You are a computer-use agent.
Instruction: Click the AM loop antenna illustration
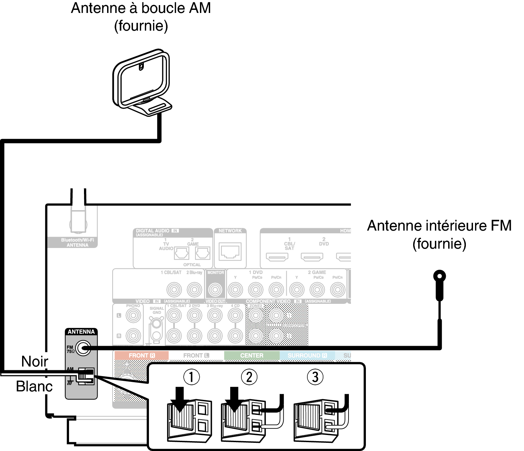[x=141, y=82]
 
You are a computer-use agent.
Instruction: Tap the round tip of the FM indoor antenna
[x=440, y=276]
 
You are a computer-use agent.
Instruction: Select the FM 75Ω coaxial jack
[x=83, y=348]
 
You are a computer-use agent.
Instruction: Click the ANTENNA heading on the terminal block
[x=81, y=332]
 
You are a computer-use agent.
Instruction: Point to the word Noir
[x=35, y=361]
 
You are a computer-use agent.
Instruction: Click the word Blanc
[x=34, y=386]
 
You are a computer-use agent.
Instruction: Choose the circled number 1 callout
[x=191, y=377]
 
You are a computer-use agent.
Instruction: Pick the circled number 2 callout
[x=249, y=377]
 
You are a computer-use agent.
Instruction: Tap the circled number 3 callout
[x=315, y=377]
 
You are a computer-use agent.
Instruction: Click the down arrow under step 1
[x=180, y=399]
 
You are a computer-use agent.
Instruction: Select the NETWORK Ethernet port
[x=230, y=252]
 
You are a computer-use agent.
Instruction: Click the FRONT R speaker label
[x=141, y=356]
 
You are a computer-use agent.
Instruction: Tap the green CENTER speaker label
[x=252, y=356]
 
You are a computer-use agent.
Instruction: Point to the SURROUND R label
[x=307, y=356]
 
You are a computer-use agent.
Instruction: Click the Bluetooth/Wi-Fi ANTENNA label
[x=78, y=243]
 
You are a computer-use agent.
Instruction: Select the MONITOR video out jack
[x=215, y=290]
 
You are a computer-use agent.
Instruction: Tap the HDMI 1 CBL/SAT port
[x=277, y=256]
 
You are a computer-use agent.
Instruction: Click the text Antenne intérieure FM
[x=439, y=226]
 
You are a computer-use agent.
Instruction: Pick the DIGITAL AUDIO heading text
[x=153, y=231]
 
